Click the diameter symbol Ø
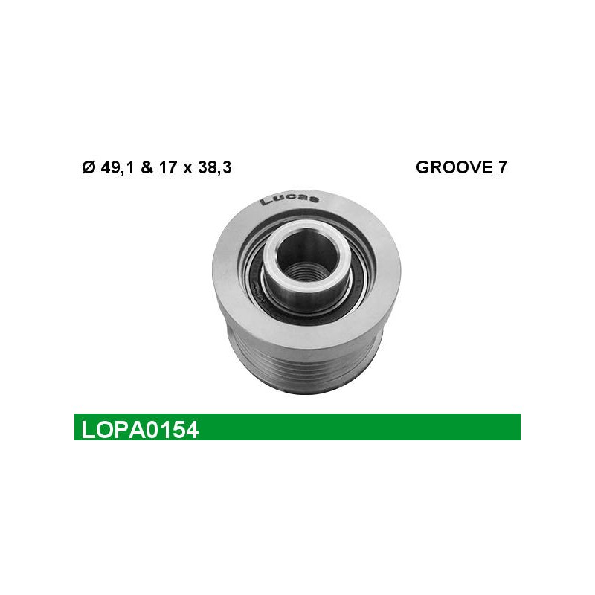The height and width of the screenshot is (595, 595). [x=89, y=167]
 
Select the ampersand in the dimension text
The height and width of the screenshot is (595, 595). [x=147, y=167]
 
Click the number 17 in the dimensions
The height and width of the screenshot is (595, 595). [x=168, y=167]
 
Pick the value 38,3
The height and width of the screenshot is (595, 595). [x=215, y=167]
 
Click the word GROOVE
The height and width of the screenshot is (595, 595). [x=451, y=167]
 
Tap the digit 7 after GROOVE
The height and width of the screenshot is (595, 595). [x=501, y=167]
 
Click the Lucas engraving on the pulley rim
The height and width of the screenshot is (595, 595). [x=289, y=199]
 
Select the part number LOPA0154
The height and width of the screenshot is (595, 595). [x=140, y=431]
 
